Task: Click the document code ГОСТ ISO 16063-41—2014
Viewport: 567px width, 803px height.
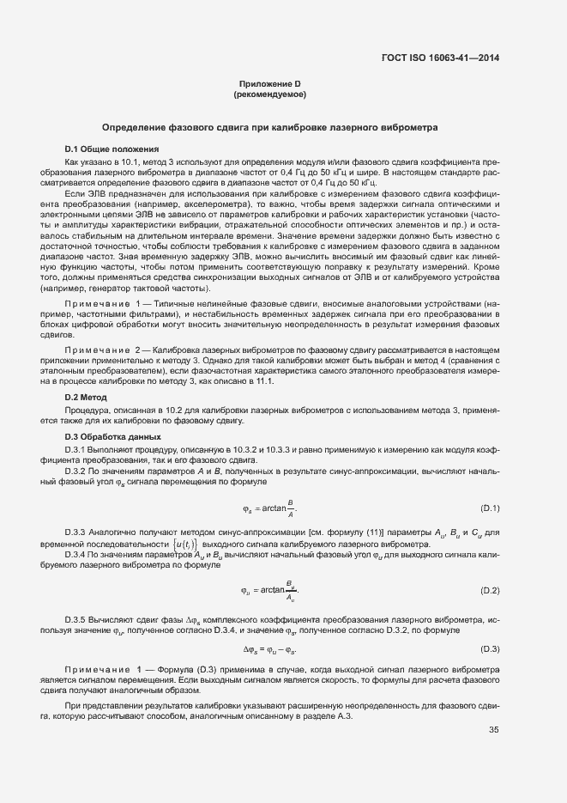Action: point(440,58)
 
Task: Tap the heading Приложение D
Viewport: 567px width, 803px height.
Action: point(269,83)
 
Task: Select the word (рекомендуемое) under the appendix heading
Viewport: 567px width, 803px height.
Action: point(269,94)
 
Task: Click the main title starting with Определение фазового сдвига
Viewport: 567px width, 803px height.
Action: point(269,127)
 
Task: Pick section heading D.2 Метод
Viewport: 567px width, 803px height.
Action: point(86,398)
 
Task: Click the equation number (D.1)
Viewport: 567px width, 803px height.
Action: point(490,508)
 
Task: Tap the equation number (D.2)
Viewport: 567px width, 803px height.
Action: point(490,591)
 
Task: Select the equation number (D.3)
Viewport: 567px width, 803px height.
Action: point(490,648)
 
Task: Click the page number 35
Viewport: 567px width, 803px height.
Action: point(493,706)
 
